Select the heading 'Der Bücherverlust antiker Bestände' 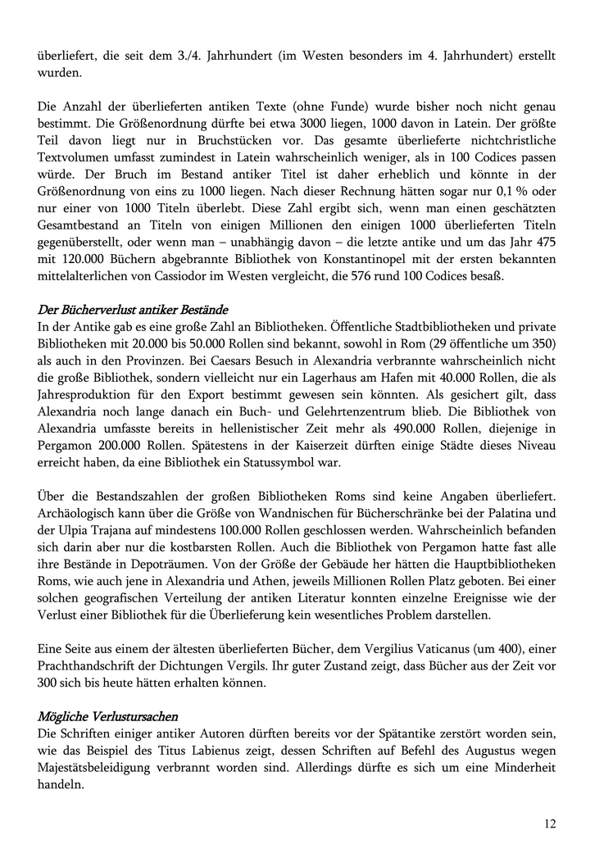tap(133, 309)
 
